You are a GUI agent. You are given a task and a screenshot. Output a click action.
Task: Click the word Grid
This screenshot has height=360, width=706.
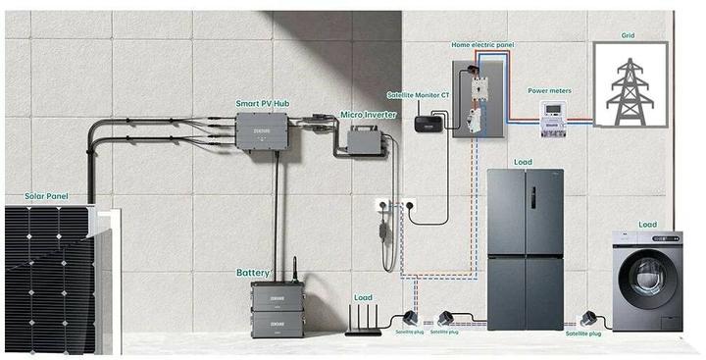(x=628, y=36)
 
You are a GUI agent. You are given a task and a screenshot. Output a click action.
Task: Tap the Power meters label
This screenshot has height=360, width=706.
(x=549, y=91)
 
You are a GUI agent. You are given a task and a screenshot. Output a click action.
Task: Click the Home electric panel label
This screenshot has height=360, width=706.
(x=482, y=45)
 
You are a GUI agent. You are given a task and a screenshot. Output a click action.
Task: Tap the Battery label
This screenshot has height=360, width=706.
(x=252, y=273)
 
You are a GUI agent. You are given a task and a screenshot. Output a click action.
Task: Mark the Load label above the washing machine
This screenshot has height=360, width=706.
(x=647, y=224)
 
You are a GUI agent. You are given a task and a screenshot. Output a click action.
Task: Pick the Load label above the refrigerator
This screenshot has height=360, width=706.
(x=524, y=162)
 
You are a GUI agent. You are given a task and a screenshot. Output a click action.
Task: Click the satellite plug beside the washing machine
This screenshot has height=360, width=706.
(x=589, y=318)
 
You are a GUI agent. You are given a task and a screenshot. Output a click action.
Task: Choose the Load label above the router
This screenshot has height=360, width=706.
(x=363, y=296)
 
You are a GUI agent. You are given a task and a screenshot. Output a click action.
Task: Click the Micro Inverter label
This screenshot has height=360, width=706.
(x=367, y=115)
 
